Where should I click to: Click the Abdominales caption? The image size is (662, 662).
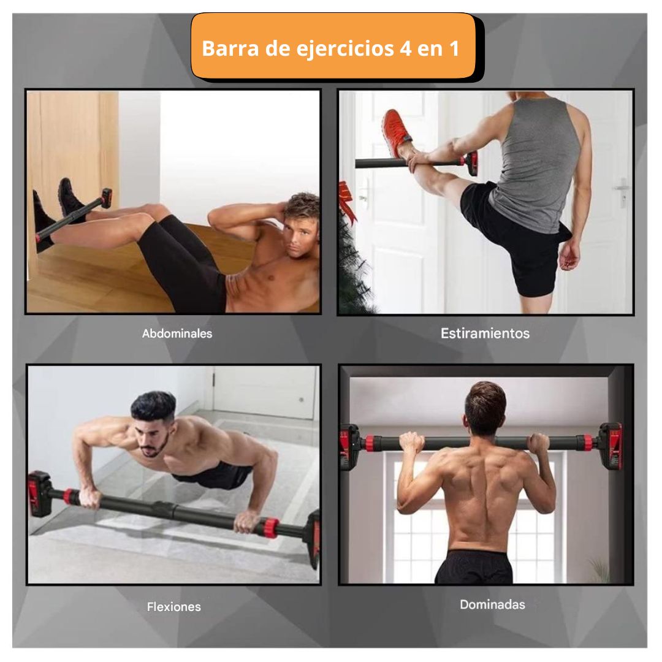coord(177,333)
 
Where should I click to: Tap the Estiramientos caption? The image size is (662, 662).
coord(485,333)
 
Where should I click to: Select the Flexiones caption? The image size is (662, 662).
coord(174,607)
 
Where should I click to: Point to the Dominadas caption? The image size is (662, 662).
coord(492,604)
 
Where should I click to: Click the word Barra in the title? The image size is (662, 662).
coord(230,48)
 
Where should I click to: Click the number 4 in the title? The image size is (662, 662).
coord(405,48)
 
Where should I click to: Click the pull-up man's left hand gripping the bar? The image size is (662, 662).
coord(412,443)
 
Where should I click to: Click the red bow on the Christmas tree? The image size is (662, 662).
coord(347,200)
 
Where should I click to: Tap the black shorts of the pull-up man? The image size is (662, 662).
coord(474,567)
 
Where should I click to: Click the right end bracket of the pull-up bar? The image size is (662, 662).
coord(611,446)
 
